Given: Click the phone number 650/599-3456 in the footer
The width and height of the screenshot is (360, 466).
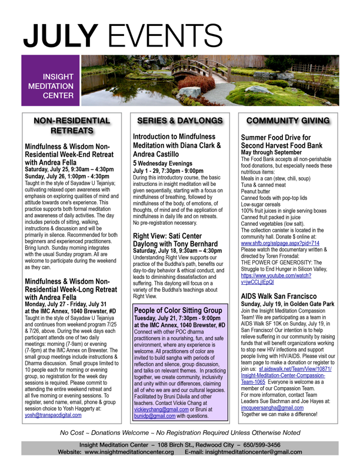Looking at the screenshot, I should [x=278, y=445].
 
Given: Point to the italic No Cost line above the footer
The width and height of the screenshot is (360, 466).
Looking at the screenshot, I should [x=180, y=432].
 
